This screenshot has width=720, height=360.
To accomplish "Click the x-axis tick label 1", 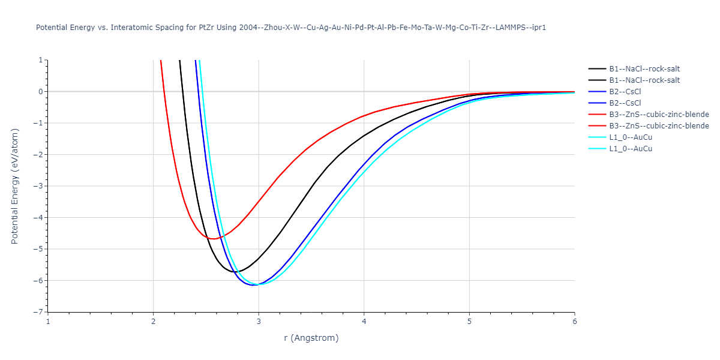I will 48,321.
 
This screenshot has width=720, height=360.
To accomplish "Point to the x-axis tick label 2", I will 153,321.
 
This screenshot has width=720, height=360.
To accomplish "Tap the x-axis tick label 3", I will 259,321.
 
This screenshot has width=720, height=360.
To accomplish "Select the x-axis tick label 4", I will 364,321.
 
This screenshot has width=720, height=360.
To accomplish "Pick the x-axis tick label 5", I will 469,321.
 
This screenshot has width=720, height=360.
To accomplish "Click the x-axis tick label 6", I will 574,321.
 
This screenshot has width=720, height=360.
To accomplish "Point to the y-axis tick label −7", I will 39,312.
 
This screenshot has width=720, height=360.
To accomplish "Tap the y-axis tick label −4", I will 39,218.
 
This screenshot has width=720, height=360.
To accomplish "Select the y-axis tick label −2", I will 39,155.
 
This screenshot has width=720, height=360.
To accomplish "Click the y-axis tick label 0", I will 41,92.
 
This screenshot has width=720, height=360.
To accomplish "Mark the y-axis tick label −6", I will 39,281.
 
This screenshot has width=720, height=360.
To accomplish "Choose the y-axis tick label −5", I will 39,249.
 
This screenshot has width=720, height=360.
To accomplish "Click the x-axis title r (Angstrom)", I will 311,338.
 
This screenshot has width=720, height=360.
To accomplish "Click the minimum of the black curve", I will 233,272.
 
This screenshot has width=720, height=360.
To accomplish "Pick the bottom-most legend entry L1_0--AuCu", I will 631,149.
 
